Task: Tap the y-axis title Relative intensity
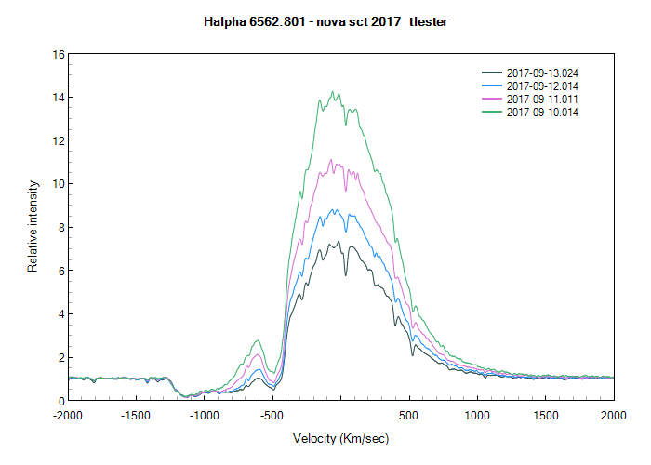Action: click(x=33, y=227)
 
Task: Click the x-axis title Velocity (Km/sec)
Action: click(x=340, y=438)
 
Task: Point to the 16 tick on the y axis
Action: click(x=58, y=54)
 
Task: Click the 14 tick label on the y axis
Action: click(x=58, y=98)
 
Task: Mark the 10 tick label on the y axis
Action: click(x=58, y=184)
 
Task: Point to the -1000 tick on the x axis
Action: click(x=204, y=414)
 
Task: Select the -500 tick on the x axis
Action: click(x=272, y=414)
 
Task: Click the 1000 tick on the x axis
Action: click(x=477, y=414)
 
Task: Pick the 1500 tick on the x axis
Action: click(x=545, y=414)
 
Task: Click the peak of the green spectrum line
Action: click(x=332, y=92)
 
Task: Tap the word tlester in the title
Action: click(x=428, y=20)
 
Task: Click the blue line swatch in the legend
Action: click(x=491, y=86)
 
